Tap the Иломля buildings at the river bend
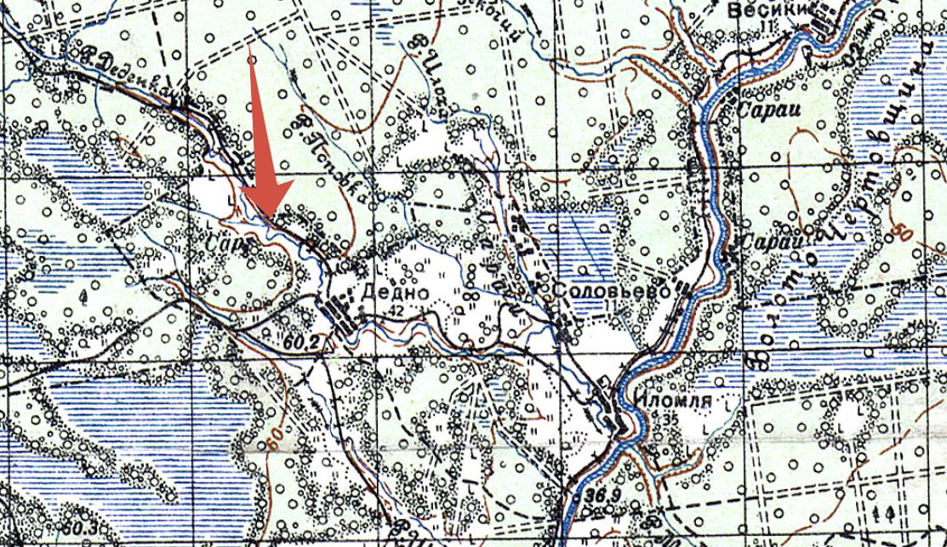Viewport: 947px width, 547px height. [x=610, y=407]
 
